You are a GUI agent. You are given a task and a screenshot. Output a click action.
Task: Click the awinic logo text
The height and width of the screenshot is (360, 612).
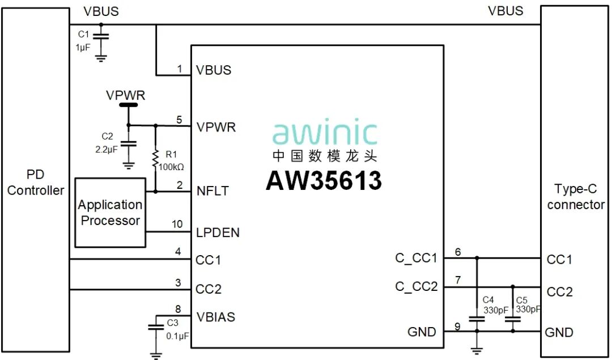pos(324,133)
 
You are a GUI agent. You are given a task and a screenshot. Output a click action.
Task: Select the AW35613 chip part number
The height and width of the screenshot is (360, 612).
pos(324,180)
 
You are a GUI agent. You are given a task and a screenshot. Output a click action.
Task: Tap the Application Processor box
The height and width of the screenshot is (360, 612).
pos(110,213)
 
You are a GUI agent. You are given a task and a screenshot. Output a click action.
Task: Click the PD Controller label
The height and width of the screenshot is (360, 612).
pos(35,183)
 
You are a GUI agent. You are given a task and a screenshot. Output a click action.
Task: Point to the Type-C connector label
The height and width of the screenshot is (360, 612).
pos(576,197)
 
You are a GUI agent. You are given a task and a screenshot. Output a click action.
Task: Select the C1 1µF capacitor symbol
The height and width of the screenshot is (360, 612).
pos(101,37)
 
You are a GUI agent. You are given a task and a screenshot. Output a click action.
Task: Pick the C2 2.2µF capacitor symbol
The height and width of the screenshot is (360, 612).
pos(129,144)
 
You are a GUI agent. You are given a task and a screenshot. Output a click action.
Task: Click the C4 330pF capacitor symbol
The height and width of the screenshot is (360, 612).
pos(477,319)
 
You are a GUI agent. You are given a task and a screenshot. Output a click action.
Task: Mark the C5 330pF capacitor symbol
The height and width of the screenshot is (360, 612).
pos(513,319)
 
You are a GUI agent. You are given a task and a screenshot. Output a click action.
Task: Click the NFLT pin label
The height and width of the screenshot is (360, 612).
pos(212,191)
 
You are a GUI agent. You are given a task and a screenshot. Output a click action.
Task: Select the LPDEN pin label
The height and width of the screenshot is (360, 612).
pos(218,232)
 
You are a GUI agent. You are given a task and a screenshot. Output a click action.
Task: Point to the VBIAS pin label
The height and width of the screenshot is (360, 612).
pos(215,317)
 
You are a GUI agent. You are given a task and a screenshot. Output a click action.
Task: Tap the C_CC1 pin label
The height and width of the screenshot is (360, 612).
pos(416,259)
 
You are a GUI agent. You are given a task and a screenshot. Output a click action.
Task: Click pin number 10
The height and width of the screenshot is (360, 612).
pos(177,225)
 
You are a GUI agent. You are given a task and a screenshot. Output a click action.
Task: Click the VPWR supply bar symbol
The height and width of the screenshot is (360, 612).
pos(128,105)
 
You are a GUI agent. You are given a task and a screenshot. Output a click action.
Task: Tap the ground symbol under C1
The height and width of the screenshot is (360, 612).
pos(101,57)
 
